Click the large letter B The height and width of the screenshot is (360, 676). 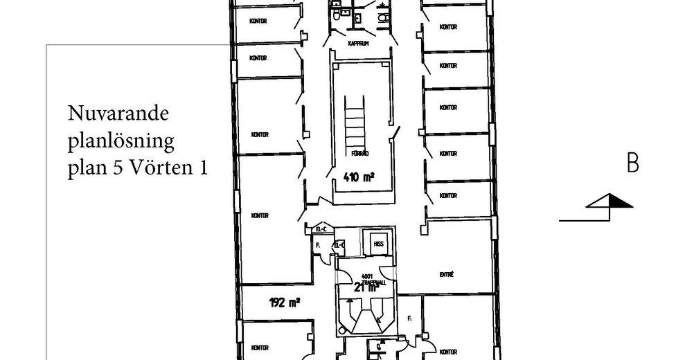tap(632, 164)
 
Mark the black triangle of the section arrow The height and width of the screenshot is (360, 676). tap(620, 201)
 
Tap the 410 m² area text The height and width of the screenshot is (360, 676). tap(358, 177)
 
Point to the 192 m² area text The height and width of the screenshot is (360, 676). tap(284, 301)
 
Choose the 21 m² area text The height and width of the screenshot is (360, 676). tap(365, 287)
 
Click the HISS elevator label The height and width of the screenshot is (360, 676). tap(378, 244)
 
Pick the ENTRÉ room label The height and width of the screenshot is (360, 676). tap(447, 275)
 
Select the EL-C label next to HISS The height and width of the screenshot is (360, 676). tap(339, 244)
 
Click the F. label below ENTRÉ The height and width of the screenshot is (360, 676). tap(409, 319)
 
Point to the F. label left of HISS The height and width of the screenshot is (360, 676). tap(317, 245)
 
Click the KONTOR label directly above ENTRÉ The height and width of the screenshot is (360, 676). tap(448, 196)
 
